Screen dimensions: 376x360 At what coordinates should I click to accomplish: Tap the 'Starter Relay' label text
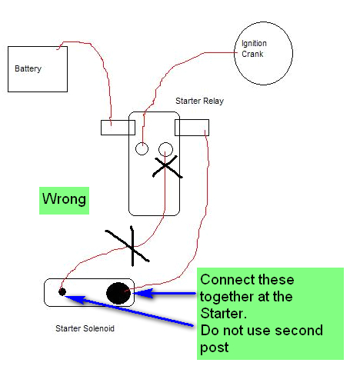pos(199,101)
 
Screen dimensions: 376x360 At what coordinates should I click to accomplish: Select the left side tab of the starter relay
pos(118,127)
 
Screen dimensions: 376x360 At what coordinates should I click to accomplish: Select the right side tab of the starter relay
pos(192,127)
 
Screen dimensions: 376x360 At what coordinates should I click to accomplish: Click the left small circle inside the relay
pos(142,148)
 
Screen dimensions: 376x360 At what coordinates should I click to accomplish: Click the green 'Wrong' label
pos(64,201)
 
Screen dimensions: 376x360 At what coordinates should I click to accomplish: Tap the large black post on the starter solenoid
pos(118,293)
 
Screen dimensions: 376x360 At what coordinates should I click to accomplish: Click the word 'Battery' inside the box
pos(28,69)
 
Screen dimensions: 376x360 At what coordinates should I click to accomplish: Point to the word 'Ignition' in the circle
pos(255,45)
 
